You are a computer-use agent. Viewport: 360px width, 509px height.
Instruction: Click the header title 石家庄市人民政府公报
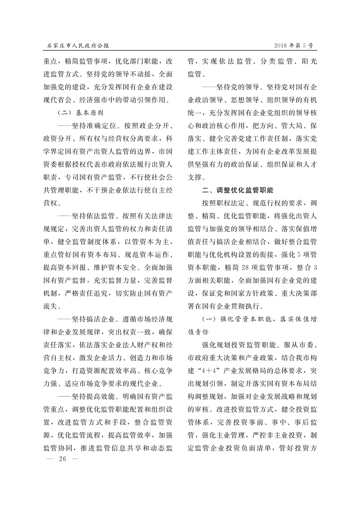[x=78, y=46]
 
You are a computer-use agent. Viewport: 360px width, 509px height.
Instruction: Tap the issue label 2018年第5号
[x=293, y=46]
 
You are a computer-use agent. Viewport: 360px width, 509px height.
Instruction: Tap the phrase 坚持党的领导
[x=238, y=87]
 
